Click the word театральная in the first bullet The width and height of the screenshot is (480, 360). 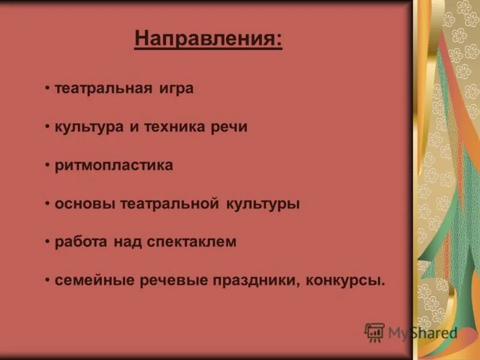(x=103, y=89)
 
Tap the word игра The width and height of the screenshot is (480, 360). (x=176, y=89)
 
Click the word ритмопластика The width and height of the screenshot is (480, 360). (x=114, y=166)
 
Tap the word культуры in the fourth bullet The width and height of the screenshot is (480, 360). (x=263, y=204)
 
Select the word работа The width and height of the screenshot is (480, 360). (x=82, y=242)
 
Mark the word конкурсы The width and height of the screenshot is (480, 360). (x=349, y=281)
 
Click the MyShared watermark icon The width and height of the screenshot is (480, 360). (x=374, y=332)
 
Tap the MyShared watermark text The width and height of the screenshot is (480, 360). (x=422, y=333)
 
